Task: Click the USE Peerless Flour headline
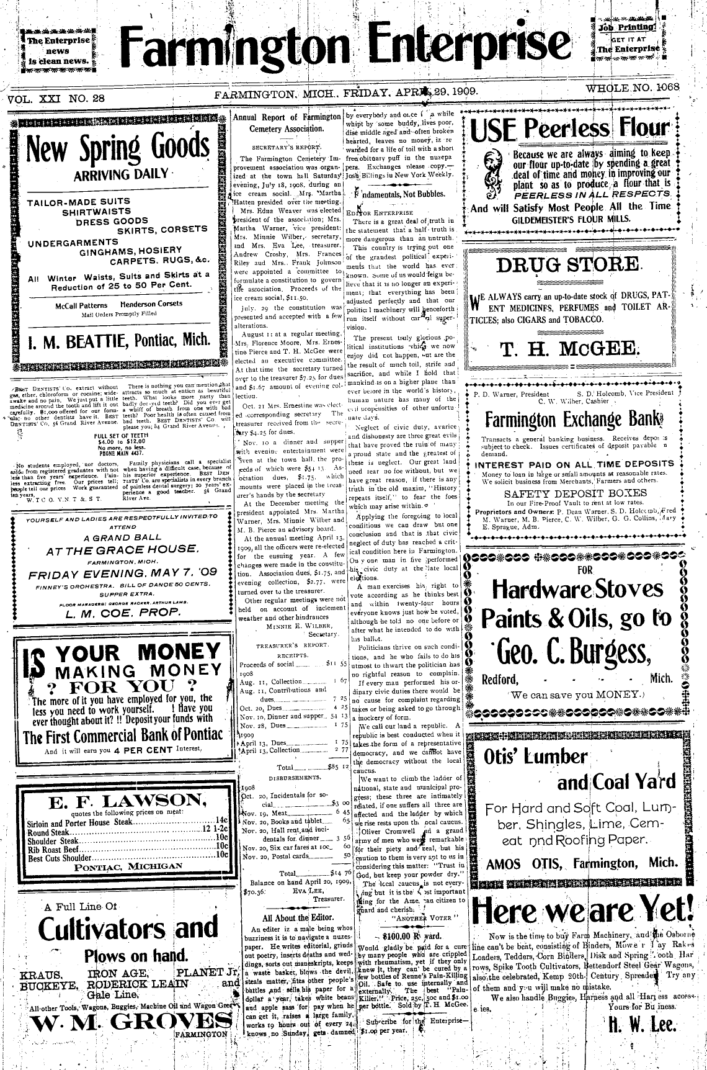coord(573,129)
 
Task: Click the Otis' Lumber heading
coord(535,757)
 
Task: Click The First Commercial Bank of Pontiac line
coord(122,736)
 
